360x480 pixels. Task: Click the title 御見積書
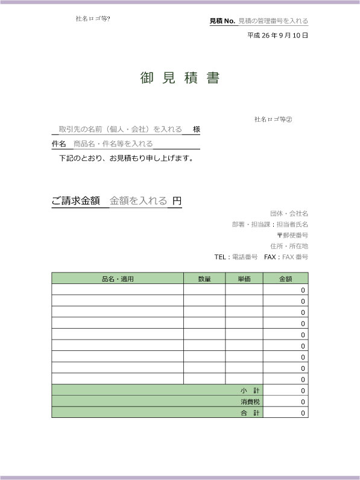coord(180,78)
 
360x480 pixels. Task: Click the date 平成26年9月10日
coord(277,36)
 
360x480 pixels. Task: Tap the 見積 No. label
coord(222,21)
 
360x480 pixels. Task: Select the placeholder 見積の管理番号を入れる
coord(273,21)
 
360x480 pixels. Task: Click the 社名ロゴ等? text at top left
coord(93,18)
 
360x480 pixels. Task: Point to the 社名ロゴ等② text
coord(273,119)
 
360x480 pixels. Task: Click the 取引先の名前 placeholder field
coord(120,129)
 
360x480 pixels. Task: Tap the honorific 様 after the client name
coord(196,129)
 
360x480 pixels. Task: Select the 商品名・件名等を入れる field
coord(113,144)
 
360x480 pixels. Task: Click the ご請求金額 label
coord(76,201)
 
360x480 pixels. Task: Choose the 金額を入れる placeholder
coord(138,201)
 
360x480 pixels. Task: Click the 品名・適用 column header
coord(118,279)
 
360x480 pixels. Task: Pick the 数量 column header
coord(204,279)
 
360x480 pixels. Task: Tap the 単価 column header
coord(244,279)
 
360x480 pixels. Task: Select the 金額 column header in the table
coord(285,279)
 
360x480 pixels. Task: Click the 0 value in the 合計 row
coord(303,413)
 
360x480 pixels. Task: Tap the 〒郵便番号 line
coord(292,235)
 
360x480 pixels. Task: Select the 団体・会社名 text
coord(289,213)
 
